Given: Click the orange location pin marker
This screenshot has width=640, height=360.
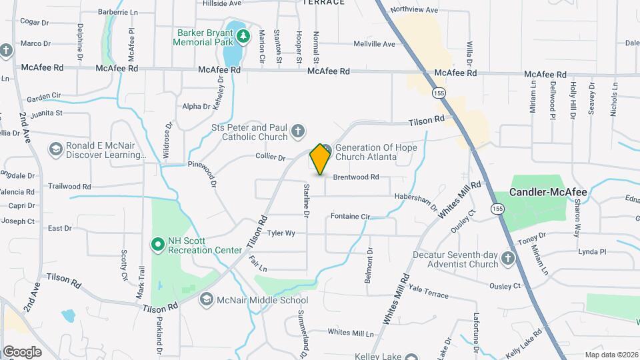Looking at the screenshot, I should click(320, 159).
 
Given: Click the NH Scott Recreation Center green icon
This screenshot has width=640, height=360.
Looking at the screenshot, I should click(158, 245).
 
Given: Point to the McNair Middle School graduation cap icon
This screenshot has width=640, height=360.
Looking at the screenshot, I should click(206, 300).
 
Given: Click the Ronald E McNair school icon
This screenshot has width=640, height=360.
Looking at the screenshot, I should click(55, 149).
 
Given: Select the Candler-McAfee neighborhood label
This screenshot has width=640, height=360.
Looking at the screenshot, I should click(548, 192).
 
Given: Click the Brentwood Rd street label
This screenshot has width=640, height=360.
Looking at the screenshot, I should click(356, 177).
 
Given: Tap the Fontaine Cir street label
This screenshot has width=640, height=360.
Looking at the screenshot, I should click(350, 217).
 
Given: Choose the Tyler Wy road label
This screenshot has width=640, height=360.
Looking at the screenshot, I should click(281, 233).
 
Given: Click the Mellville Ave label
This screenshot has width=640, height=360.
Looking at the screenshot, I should click(374, 45).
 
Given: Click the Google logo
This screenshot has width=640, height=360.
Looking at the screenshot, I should click(22, 351).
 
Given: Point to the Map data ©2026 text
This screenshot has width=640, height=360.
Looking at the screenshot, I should click(611, 355).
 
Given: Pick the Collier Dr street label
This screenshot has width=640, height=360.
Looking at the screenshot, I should click(270, 158).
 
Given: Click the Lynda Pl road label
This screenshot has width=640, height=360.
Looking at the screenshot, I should click(592, 252).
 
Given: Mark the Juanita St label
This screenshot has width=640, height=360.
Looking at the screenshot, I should click(45, 113).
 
